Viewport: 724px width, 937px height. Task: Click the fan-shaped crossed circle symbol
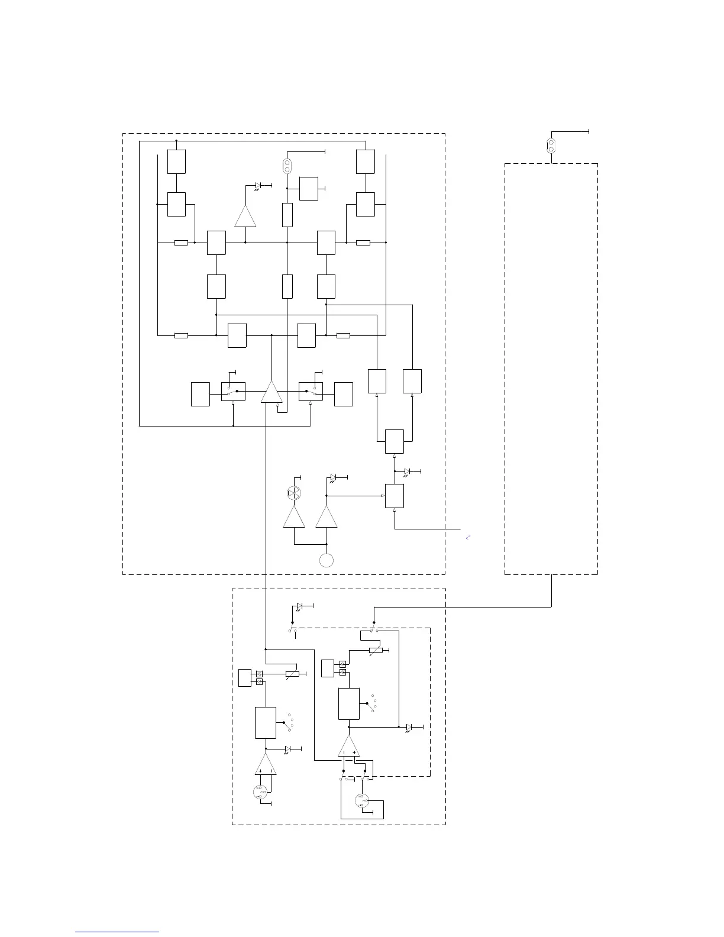294,493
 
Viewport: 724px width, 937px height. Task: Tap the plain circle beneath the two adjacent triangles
326,560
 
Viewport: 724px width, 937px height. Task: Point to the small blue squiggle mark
468,537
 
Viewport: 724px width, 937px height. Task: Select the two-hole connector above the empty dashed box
551,146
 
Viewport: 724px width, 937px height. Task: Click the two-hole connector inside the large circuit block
287,166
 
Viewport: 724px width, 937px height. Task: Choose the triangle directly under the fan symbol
294,517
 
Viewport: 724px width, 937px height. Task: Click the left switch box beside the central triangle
233,392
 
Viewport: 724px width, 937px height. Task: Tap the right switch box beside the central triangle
311,392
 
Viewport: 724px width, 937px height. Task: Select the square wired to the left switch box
201,394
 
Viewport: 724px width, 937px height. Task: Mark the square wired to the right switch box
343,394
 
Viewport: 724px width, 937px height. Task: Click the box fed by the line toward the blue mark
394,496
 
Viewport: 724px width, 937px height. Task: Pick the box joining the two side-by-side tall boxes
394,441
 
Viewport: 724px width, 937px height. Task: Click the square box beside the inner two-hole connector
309,188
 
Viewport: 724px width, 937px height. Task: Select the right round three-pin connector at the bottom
362,802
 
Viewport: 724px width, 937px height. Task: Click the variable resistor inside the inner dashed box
375,651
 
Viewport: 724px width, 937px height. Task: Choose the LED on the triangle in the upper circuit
258,186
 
